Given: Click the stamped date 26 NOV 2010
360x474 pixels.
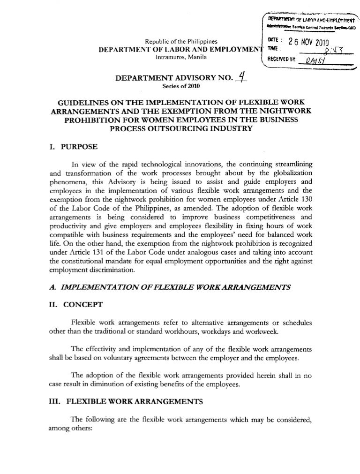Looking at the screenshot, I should pos(310,42).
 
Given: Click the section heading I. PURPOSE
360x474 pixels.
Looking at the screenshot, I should pos(73,147).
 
